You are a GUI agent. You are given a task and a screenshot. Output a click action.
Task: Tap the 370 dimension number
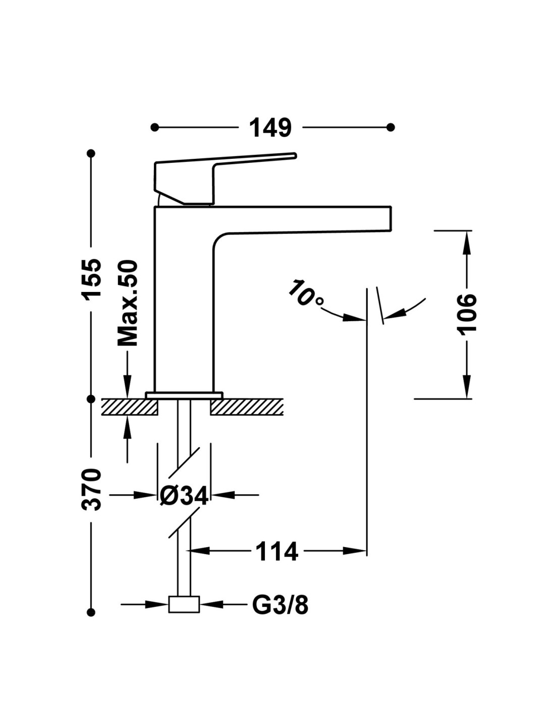92,490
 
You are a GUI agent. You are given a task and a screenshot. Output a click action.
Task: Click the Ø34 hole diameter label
184,496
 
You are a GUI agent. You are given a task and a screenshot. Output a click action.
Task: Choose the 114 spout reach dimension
277,551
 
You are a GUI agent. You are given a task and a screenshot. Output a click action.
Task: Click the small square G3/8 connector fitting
184,604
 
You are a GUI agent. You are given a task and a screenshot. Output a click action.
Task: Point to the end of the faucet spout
386,219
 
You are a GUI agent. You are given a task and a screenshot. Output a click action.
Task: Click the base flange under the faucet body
184,395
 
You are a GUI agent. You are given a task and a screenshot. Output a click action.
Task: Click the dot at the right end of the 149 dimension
391,127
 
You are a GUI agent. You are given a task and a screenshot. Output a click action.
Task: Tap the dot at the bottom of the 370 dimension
91,612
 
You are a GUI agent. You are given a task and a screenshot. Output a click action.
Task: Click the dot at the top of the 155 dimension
91,153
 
